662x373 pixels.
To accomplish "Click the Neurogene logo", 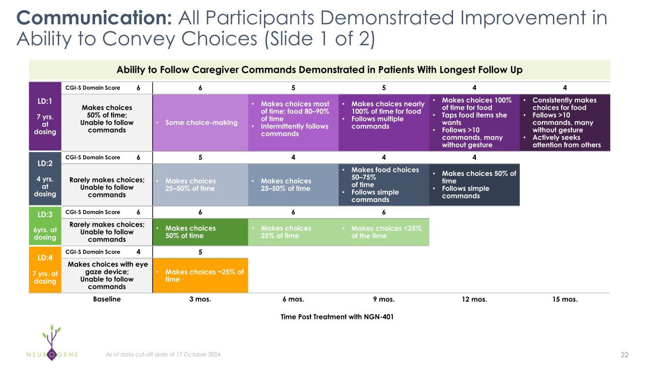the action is (x=52, y=343).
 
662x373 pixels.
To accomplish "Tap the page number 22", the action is (x=625, y=355).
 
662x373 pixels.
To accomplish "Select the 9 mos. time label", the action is (x=384, y=299).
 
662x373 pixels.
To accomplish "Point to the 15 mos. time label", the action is (x=565, y=299).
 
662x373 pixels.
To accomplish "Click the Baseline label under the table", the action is (x=107, y=299).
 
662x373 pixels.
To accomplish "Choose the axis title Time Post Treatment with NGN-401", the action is (x=337, y=317).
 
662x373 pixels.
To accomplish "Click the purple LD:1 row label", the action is (x=45, y=117).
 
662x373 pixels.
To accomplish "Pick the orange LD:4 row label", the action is (x=45, y=270).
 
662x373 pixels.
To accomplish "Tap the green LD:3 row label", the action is (x=45, y=226).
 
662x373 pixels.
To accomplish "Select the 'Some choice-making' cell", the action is (x=200, y=122).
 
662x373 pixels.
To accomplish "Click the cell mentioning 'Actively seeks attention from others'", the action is (x=565, y=122).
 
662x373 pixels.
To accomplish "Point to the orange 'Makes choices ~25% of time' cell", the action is (x=200, y=275).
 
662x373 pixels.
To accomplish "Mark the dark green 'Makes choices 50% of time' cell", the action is (x=200, y=232).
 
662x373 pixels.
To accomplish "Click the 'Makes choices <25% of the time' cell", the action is (x=384, y=232).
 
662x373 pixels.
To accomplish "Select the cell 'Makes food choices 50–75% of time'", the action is (x=384, y=185).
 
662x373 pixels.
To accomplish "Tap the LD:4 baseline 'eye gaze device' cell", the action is (x=107, y=275).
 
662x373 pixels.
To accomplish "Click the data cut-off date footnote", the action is (x=163, y=355).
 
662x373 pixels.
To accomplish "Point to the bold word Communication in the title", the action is (x=94, y=18).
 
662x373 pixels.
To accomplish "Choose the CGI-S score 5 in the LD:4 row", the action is (x=200, y=252).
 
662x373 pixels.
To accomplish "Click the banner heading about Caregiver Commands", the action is (x=320, y=70).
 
